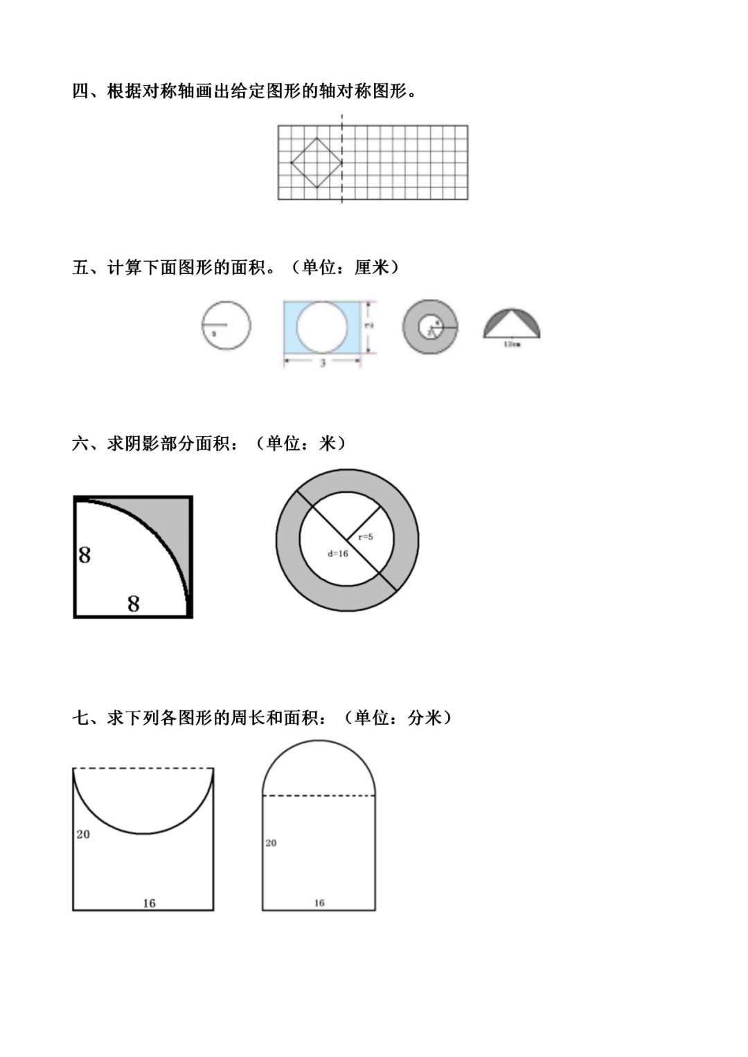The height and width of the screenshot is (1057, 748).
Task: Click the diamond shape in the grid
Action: pyautogui.click(x=316, y=163)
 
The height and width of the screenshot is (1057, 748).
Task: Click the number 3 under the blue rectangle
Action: pyautogui.click(x=323, y=363)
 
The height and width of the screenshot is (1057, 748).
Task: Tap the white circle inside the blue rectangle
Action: pyautogui.click(x=323, y=327)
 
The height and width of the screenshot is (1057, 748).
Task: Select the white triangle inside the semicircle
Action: pyautogui.click(x=512, y=326)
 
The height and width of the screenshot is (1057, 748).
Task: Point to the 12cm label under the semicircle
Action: pyautogui.click(x=512, y=343)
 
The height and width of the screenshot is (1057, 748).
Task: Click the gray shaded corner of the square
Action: pyautogui.click(x=173, y=519)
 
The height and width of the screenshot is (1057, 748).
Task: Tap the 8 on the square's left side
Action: pyautogui.click(x=84, y=555)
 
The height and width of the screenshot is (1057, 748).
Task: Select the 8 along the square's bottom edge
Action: pyautogui.click(x=134, y=604)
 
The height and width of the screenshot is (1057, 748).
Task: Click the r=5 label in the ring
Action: pyautogui.click(x=366, y=536)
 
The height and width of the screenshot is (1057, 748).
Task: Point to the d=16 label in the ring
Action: pyautogui.click(x=338, y=553)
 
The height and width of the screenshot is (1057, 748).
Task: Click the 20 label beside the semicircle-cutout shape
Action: pyautogui.click(x=83, y=834)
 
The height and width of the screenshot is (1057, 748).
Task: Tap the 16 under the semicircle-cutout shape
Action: pyautogui.click(x=149, y=903)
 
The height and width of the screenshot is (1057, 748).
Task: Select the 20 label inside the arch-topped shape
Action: pyautogui.click(x=271, y=842)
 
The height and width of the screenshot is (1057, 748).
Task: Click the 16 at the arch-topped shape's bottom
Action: pyautogui.click(x=319, y=903)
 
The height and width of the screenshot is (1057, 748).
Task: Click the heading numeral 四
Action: pyautogui.click(x=80, y=91)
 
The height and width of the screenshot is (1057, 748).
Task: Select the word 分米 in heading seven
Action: pyautogui.click(x=425, y=718)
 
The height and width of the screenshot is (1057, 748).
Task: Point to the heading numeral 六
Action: pyautogui.click(x=80, y=444)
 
